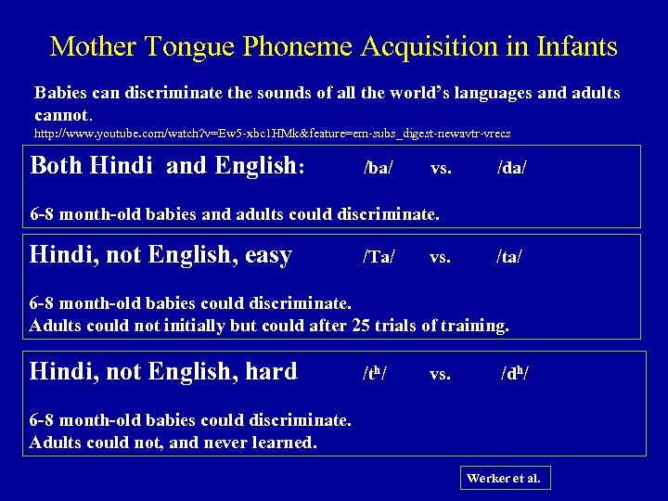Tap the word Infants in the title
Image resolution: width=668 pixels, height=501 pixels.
572,45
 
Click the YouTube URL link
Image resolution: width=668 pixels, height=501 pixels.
272,134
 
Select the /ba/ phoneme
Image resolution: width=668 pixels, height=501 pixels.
379,169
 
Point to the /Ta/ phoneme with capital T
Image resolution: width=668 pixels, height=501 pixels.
379,257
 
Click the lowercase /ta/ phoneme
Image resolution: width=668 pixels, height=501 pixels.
510,257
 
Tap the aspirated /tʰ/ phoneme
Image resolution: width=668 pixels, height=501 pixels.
375,374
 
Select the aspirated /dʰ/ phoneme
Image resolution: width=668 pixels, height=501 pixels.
516,374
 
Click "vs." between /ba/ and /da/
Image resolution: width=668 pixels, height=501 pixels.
442,169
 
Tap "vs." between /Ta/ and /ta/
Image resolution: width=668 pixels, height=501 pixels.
442,257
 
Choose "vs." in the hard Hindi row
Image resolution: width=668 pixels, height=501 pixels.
442,374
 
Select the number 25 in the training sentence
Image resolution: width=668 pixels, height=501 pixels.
362,326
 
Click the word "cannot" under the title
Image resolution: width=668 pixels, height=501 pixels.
62,116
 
